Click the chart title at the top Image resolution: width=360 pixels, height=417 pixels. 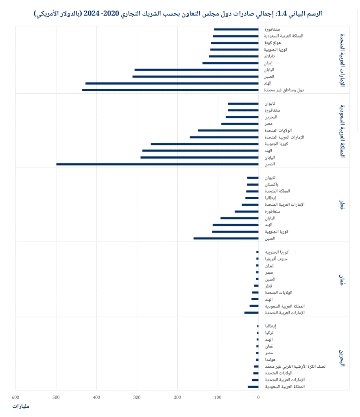[x=177, y=13]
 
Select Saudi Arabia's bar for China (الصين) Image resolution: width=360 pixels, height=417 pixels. [x=157, y=164]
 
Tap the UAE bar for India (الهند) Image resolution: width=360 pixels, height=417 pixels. [x=172, y=83]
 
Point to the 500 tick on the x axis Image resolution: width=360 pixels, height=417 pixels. [x=56, y=397]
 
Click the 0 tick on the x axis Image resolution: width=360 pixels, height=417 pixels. [x=258, y=397]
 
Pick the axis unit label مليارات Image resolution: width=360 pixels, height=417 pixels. [x=21, y=406]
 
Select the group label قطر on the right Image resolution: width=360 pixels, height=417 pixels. [x=342, y=205]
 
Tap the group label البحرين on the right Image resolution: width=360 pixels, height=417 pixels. [x=342, y=357]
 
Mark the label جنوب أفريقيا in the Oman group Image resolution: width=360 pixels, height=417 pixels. [x=277, y=259]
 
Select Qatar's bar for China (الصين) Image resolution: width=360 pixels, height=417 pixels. [x=226, y=238]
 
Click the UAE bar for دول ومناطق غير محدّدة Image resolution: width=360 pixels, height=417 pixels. [x=170, y=90]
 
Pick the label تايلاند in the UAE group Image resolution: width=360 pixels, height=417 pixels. [x=271, y=56]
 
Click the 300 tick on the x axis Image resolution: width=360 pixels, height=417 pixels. [x=137, y=397]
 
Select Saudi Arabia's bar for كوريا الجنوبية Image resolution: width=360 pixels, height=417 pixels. [x=204, y=144]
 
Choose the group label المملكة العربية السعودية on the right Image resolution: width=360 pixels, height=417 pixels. [x=342, y=130]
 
